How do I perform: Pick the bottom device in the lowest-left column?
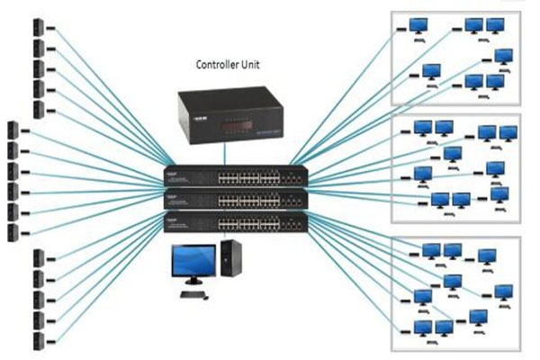click(x=38, y=341)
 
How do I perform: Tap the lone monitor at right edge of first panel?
click(x=505, y=58)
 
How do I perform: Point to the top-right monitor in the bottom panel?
click(x=487, y=257)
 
